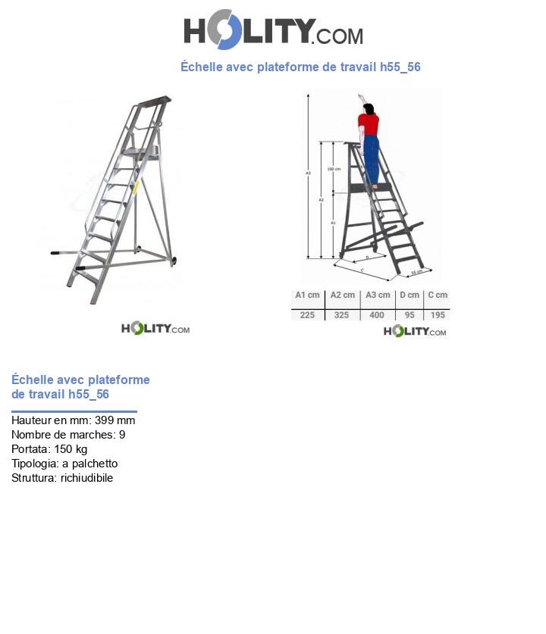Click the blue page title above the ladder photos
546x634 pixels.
click(x=300, y=67)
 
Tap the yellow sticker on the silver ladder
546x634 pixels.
click(x=136, y=187)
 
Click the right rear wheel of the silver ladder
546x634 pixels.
click(x=174, y=261)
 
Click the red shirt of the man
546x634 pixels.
click(x=369, y=123)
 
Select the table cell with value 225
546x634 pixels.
click(x=307, y=314)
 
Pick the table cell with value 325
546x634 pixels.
click(x=342, y=314)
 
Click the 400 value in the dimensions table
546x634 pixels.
click(x=377, y=314)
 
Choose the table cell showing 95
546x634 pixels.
click(x=409, y=314)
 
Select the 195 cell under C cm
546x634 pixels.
click(x=437, y=314)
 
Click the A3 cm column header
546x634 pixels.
click(x=377, y=295)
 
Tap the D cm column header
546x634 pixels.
click(x=409, y=295)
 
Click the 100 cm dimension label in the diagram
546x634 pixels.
click(x=333, y=169)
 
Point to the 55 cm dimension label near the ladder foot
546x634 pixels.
click(x=416, y=272)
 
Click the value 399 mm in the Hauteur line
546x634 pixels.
click(x=115, y=420)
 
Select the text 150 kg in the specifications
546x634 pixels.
click(x=71, y=449)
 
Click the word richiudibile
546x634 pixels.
click(x=86, y=478)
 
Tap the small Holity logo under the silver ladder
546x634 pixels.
click(x=155, y=328)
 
